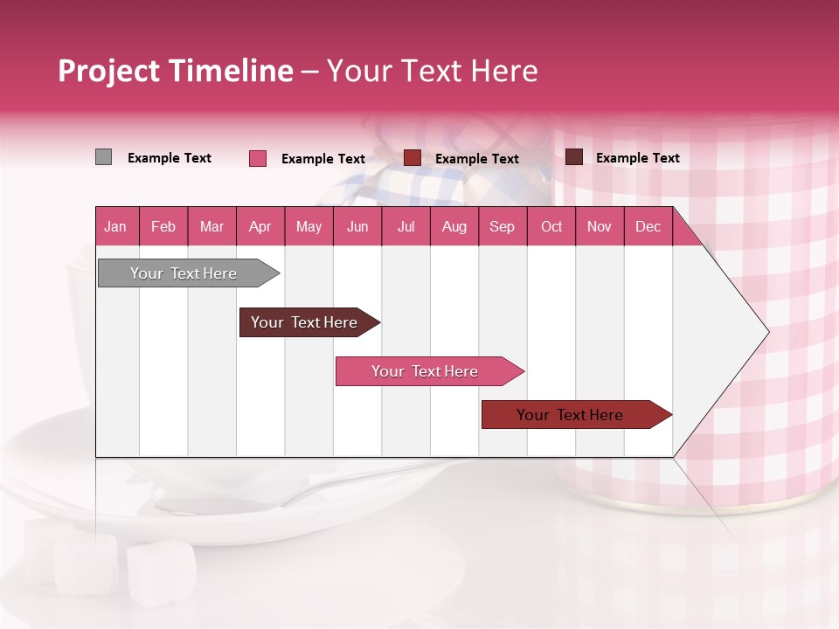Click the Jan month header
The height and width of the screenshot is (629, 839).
[115, 227]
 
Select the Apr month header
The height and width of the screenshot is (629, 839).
[260, 227]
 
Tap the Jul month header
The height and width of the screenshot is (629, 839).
[406, 227]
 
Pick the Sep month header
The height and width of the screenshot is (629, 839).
[502, 227]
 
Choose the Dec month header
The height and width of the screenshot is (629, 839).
[648, 227]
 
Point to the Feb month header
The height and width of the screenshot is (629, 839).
[163, 227]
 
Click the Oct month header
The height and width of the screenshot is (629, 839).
[551, 227]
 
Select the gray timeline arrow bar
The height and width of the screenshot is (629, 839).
[184, 273]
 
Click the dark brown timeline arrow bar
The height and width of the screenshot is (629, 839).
[304, 322]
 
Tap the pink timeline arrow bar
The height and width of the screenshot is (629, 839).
[425, 371]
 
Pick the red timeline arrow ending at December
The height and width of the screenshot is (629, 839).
[570, 415]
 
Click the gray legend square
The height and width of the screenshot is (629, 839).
[103, 157]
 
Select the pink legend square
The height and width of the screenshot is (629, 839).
[258, 158]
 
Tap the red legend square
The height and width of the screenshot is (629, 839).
[413, 158]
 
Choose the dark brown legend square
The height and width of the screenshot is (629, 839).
[574, 157]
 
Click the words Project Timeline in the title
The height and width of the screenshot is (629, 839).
[176, 71]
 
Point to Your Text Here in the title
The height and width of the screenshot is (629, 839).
[432, 71]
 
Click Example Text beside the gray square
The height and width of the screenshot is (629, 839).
[170, 158]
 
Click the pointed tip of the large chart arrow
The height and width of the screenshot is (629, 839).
[766, 332]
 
